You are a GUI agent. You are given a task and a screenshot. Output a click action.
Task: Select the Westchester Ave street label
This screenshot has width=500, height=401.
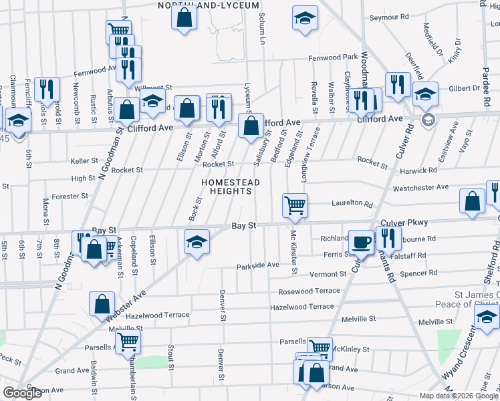tap(420, 188)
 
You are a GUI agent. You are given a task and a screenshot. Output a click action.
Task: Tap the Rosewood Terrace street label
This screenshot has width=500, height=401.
tap(309, 291)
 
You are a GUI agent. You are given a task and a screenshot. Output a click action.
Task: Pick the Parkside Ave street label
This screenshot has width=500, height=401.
tap(257, 265)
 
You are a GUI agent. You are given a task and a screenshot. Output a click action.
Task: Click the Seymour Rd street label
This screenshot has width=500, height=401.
tap(388, 16)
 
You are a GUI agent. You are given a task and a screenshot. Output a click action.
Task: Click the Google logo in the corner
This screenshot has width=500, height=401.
tap(22, 394)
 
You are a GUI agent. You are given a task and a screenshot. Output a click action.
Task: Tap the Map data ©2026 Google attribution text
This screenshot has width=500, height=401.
tap(458, 396)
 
